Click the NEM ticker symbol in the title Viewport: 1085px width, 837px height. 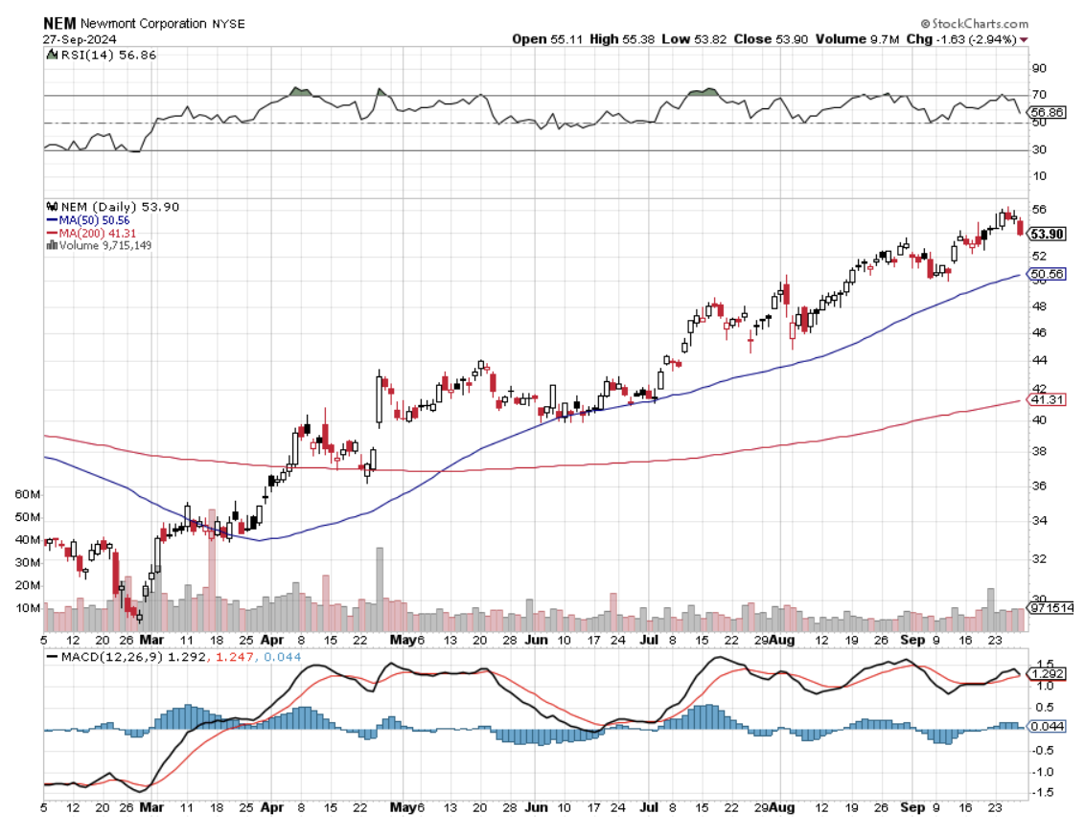coord(60,22)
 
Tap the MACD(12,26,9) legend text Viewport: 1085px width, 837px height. coord(112,657)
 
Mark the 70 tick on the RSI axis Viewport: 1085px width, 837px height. coord(1037,95)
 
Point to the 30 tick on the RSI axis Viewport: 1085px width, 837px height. coord(1037,149)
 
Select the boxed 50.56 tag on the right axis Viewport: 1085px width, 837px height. coord(1044,275)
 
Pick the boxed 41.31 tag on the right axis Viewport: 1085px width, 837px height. coord(1044,398)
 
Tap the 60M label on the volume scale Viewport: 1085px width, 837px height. coord(29,494)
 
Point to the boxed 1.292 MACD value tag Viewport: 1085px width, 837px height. coord(1045,672)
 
